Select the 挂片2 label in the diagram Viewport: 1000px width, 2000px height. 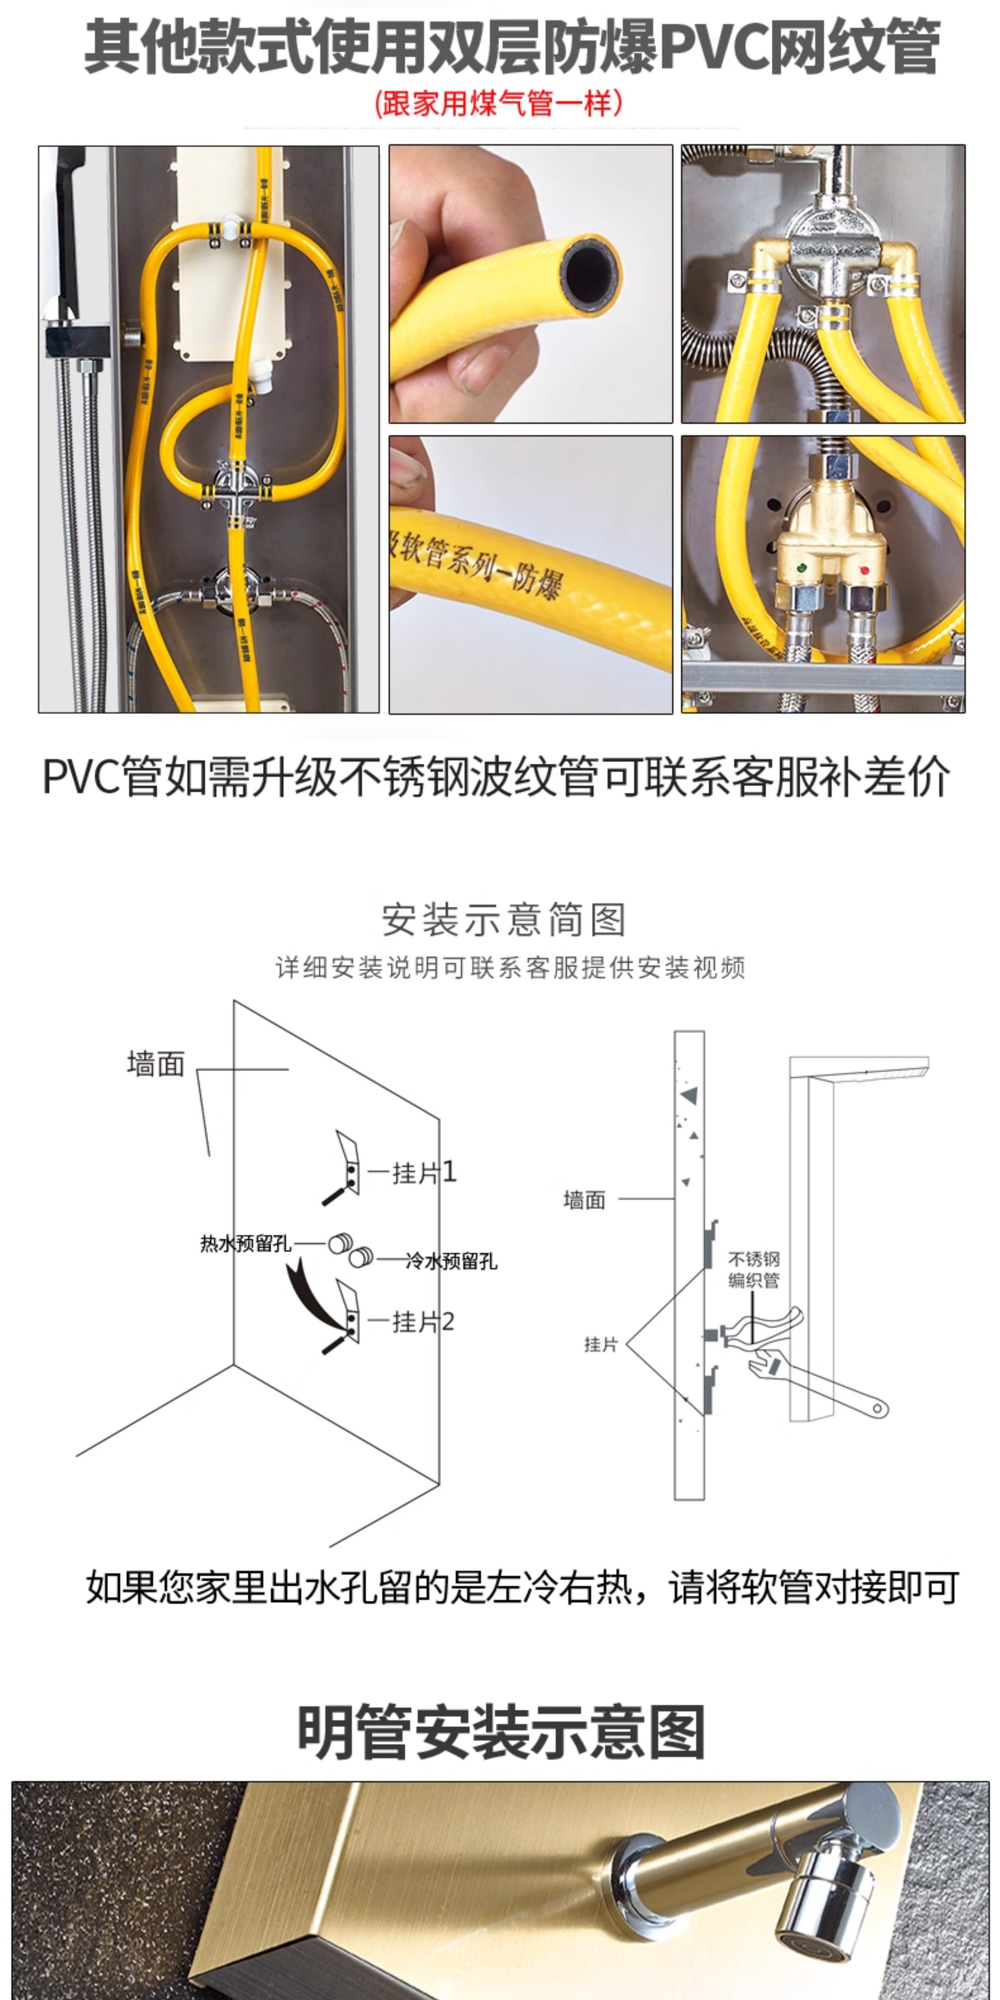(x=423, y=1321)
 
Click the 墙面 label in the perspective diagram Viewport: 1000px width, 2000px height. (x=155, y=1064)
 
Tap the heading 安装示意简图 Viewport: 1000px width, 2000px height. (x=503, y=920)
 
